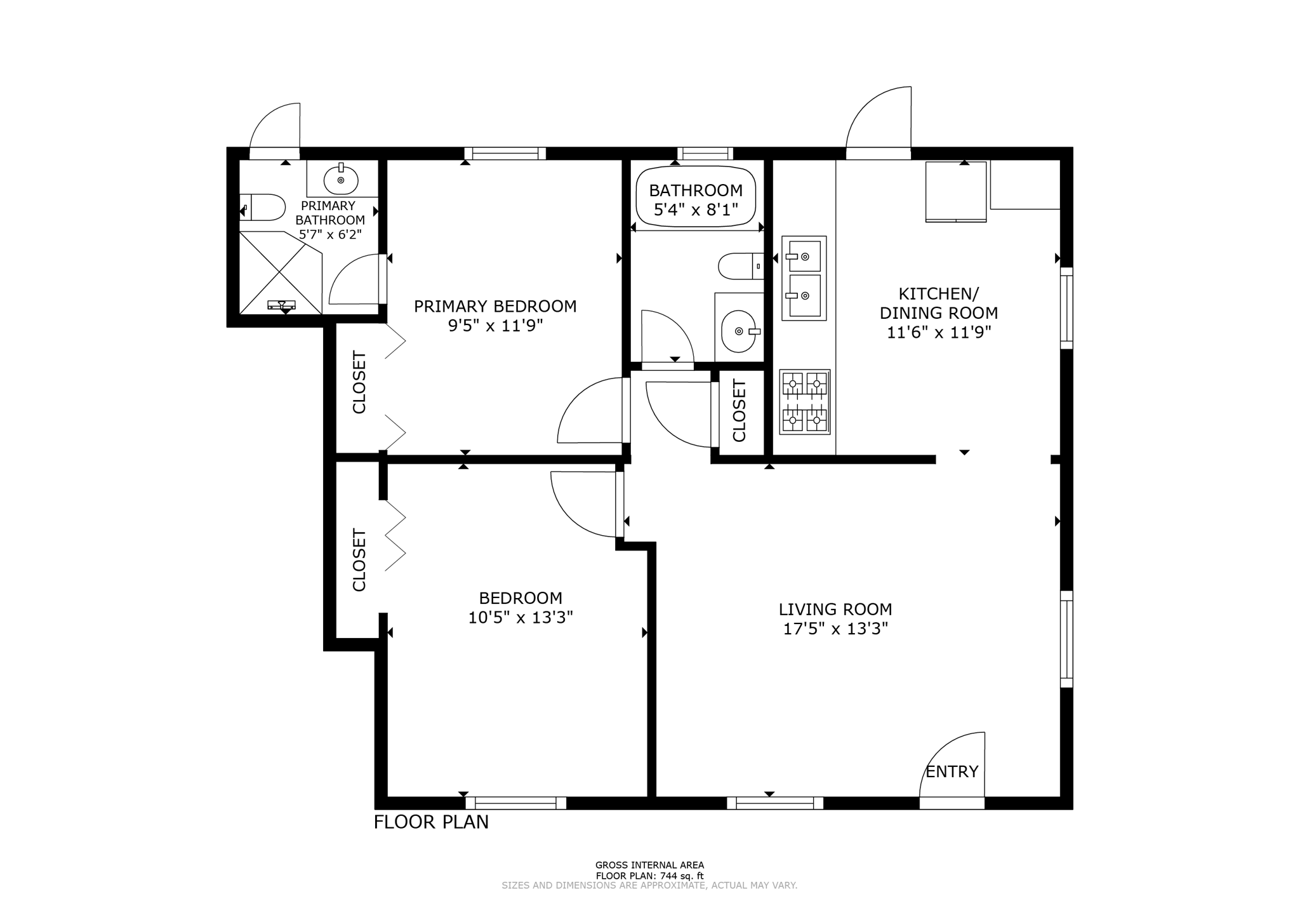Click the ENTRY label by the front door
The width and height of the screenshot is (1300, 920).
(x=952, y=771)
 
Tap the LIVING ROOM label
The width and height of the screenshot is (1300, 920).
(x=835, y=610)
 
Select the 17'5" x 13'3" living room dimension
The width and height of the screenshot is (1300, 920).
(x=835, y=629)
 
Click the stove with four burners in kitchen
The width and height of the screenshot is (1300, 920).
(x=805, y=402)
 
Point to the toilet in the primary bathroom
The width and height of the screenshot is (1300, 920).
(x=262, y=207)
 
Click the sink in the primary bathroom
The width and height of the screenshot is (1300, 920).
(x=341, y=180)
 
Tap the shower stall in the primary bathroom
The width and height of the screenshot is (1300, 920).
(x=281, y=272)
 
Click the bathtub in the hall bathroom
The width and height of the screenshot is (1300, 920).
(x=696, y=196)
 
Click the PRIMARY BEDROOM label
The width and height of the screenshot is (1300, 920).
(x=495, y=307)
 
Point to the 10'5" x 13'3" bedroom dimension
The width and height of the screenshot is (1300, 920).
(x=521, y=618)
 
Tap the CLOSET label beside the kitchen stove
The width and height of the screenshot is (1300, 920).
(x=740, y=410)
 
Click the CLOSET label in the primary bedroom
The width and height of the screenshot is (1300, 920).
(x=359, y=382)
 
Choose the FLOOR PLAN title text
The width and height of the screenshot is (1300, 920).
(x=431, y=822)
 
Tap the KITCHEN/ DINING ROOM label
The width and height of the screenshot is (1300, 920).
(x=939, y=303)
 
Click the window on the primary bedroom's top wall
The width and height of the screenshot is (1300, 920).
(x=505, y=153)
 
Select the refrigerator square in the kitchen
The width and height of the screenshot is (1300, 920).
(x=956, y=192)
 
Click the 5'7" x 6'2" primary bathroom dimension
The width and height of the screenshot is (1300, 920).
(x=330, y=234)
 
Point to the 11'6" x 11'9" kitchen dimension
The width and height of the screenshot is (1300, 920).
(x=939, y=333)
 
